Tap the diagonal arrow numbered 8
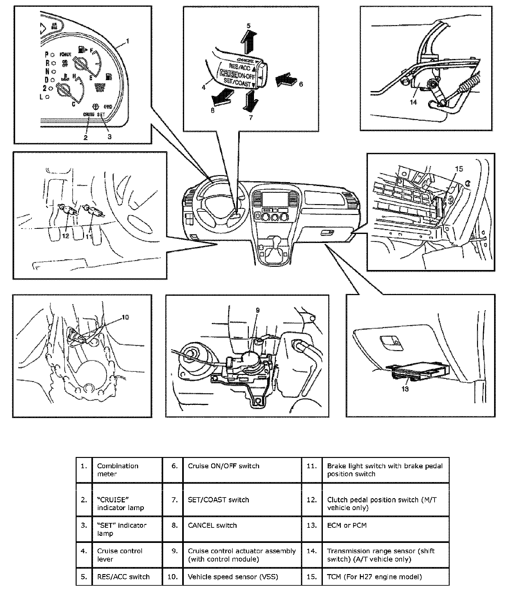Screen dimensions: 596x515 (222, 98)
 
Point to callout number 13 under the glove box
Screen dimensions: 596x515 (405, 389)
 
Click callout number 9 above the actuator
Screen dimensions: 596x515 (257, 310)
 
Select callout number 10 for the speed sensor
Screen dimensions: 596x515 (125, 317)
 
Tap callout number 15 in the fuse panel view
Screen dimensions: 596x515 (459, 169)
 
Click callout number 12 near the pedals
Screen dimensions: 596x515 (66, 236)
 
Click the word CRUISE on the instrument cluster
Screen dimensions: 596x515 (89, 114)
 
